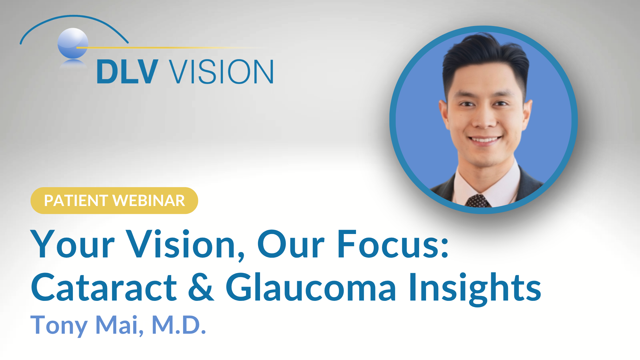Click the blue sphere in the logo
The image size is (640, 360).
point(73,43)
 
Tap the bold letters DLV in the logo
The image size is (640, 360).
point(127,71)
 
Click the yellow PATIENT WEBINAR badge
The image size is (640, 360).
point(114,201)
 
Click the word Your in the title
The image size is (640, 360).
point(73,244)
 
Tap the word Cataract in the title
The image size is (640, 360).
point(104,287)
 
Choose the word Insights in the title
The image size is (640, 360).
point(475,289)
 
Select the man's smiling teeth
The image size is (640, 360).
point(485,140)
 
